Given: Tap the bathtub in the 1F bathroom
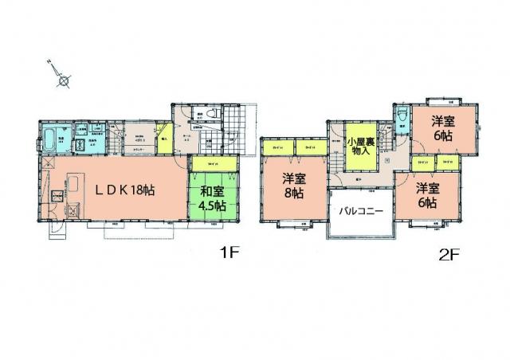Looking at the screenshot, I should click(49, 139).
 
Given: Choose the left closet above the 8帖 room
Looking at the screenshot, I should click(278, 147).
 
